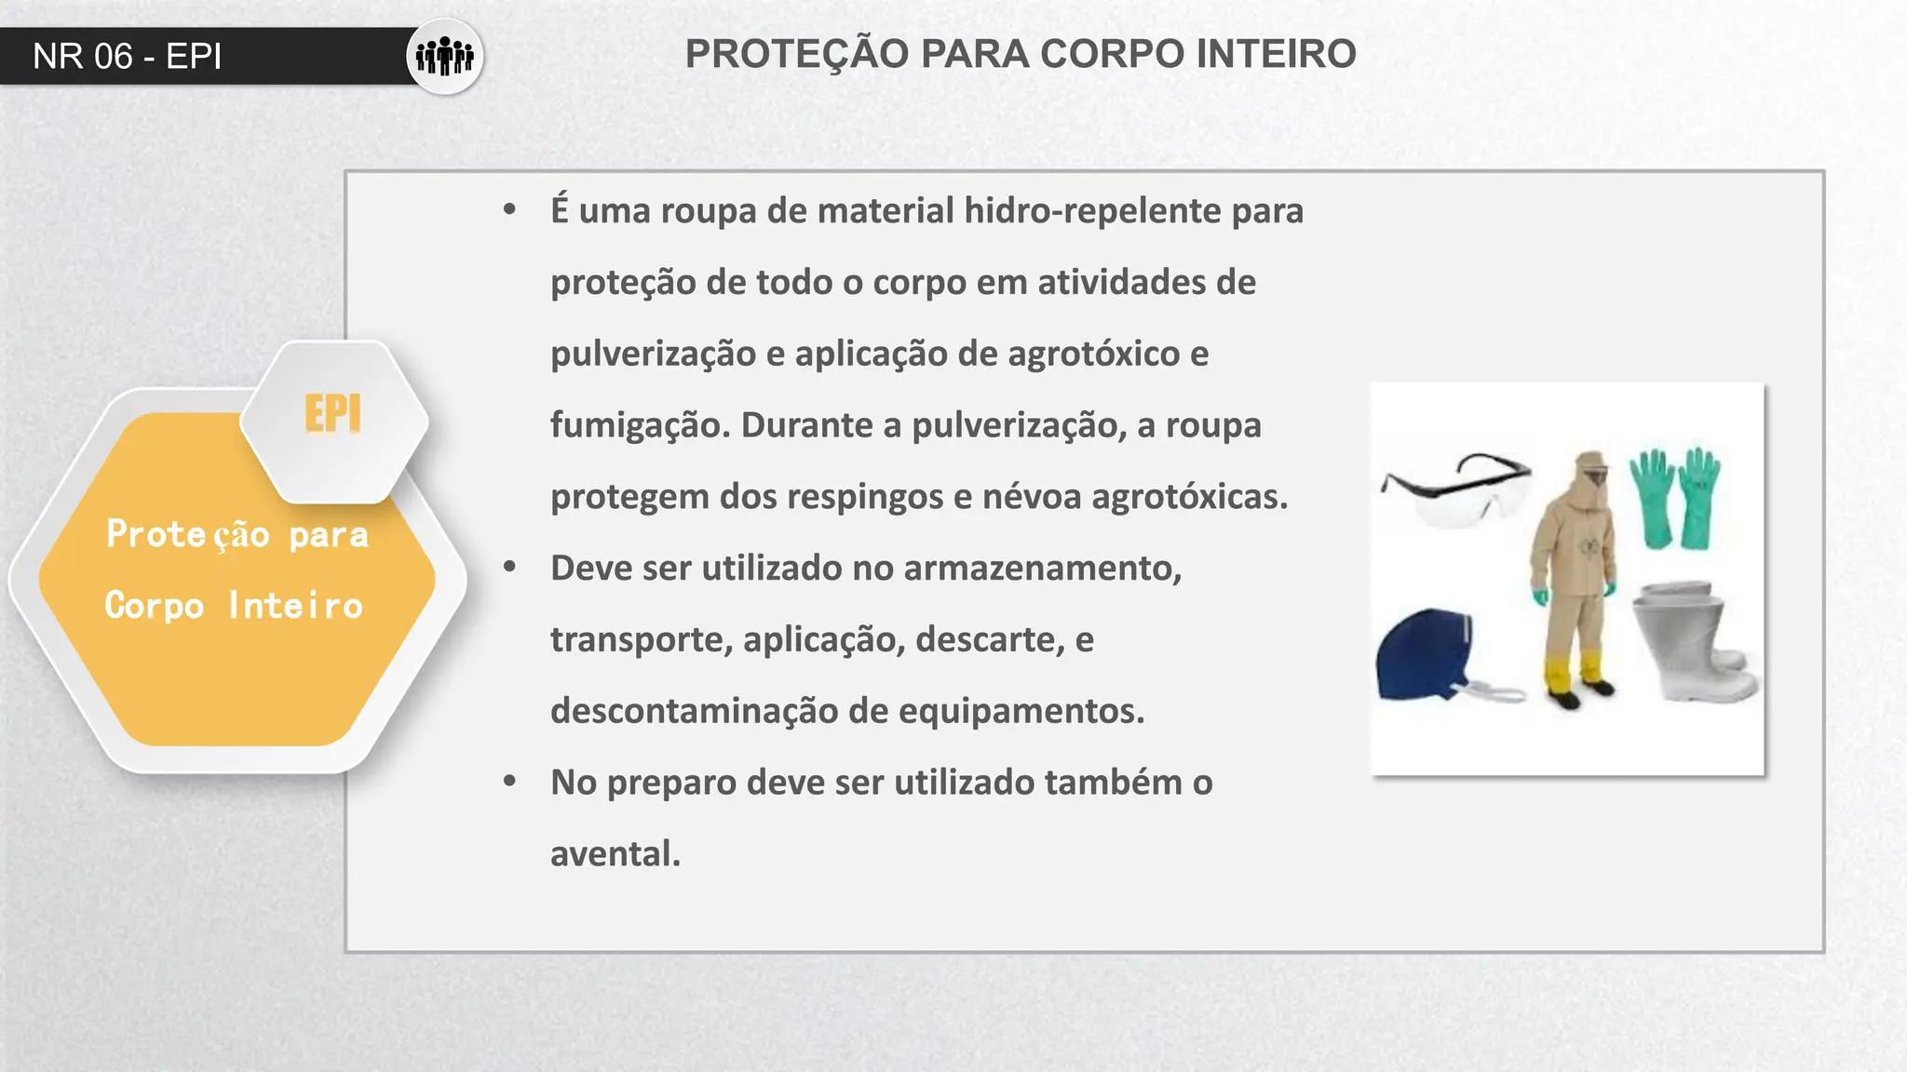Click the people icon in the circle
[444, 56]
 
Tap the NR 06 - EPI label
[128, 57]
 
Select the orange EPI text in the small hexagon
[332, 414]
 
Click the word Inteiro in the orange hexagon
[295, 606]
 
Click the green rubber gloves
[1675, 498]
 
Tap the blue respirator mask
[1425, 655]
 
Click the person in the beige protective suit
[1575, 577]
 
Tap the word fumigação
[640, 426]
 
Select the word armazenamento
[1042, 569]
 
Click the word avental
[615, 854]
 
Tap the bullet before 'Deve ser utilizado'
[509, 567]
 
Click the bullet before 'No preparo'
[509, 782]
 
